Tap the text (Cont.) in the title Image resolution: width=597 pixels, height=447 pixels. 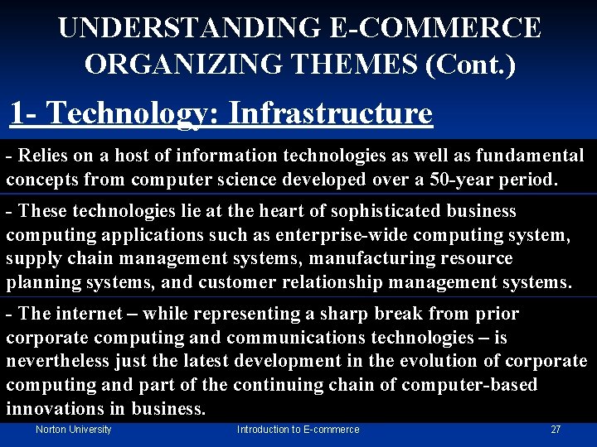pyautogui.click(x=470, y=63)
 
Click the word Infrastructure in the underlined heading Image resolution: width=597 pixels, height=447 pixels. pyautogui.click(x=330, y=113)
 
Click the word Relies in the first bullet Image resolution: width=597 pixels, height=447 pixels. pyautogui.click(x=41, y=155)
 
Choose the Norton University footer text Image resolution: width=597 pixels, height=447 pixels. pyautogui.click(x=73, y=430)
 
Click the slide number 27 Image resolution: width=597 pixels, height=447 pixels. pyautogui.click(x=556, y=430)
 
